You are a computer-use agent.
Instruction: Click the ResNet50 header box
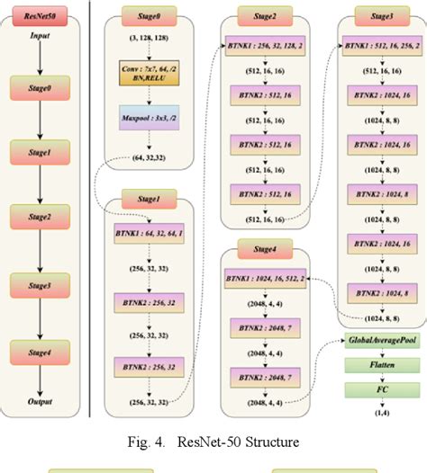pos(40,15)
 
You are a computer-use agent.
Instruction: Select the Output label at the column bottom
pos(40,401)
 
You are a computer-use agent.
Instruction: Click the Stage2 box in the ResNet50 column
pos(40,219)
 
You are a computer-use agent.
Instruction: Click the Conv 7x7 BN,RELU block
pos(150,72)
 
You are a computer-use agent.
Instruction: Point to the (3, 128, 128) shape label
pos(150,40)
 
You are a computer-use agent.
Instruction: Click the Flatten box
pos(380,366)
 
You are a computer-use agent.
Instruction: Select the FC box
pos(380,390)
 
